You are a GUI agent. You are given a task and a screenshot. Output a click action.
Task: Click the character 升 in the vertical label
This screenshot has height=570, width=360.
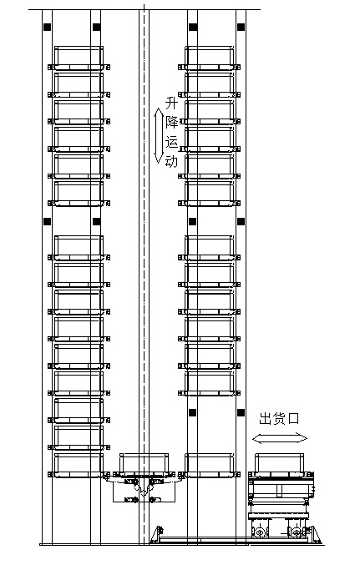click(171, 103)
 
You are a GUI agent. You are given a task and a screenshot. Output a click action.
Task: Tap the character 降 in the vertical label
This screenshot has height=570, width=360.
click(172, 122)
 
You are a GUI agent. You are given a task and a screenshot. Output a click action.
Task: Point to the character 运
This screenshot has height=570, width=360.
click(172, 141)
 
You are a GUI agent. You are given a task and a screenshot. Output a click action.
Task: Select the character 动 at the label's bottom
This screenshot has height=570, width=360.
click(171, 160)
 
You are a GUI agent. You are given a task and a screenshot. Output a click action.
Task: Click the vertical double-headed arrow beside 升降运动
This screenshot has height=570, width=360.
click(159, 135)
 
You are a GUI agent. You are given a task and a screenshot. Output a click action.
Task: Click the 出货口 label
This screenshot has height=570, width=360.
click(279, 419)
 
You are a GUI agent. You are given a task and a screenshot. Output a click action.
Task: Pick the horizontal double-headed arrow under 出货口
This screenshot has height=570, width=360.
click(280, 438)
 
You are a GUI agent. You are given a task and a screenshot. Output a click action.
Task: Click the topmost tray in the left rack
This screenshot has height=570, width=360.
click(79, 58)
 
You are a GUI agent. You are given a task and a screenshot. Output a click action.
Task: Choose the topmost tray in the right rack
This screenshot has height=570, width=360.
click(209, 58)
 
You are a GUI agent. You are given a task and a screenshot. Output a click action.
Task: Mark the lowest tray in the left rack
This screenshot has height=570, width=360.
click(79, 465)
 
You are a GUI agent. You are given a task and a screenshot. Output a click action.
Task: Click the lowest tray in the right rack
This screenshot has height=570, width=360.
click(209, 465)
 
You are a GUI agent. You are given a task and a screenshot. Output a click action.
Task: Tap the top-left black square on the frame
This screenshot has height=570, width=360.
click(48, 27)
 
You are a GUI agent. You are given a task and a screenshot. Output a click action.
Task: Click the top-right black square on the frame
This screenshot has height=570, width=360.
click(241, 27)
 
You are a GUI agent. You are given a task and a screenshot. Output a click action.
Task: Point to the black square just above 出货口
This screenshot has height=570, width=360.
click(241, 412)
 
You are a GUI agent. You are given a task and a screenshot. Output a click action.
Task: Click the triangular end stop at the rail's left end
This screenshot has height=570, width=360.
click(156, 534)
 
